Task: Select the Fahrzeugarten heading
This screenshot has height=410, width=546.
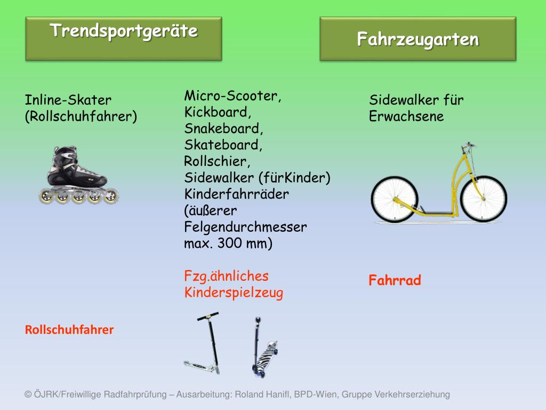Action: click(x=418, y=39)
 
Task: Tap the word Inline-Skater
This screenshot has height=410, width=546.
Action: click(x=68, y=100)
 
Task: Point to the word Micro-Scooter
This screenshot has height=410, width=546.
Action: click(x=232, y=96)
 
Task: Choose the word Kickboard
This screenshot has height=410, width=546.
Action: click(x=218, y=112)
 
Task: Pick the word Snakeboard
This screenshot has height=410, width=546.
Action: click(x=223, y=129)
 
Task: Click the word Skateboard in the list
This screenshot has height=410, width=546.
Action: click(x=223, y=145)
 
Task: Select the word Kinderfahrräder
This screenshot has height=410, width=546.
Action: click(x=236, y=194)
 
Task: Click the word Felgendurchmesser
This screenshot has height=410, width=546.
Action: click(x=245, y=227)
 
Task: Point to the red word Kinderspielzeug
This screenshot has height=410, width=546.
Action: click(x=234, y=293)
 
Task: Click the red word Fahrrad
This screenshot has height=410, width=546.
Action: click(x=395, y=280)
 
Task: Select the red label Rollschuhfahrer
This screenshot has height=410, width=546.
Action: click(x=69, y=330)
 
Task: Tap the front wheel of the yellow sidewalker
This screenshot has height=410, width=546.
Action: click(x=484, y=199)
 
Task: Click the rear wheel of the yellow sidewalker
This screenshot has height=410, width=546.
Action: click(x=395, y=199)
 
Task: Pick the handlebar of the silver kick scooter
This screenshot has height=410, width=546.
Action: click(x=208, y=316)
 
